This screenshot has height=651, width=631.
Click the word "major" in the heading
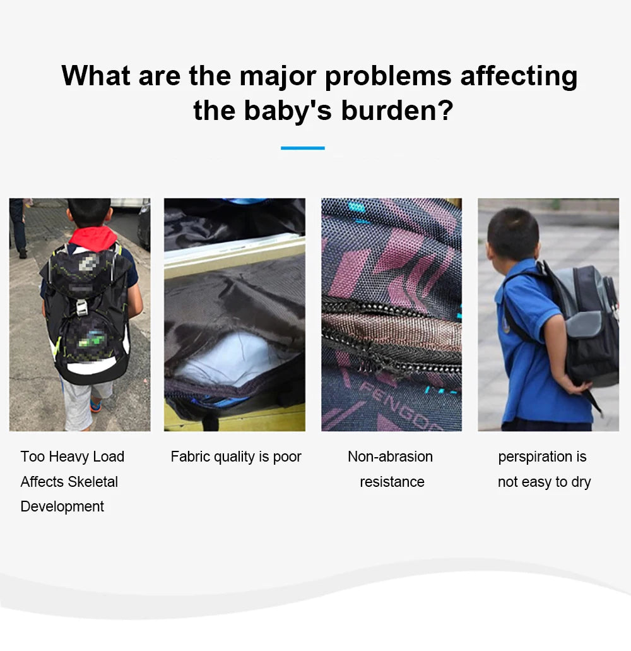[x=278, y=77]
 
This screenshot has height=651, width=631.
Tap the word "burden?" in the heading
[x=397, y=111]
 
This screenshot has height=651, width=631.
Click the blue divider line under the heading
[x=303, y=148]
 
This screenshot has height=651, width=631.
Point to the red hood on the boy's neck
[x=93, y=237]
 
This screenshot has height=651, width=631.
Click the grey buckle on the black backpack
[x=82, y=308]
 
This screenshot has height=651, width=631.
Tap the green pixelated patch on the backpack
[x=92, y=339]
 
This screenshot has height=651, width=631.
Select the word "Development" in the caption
[x=62, y=507]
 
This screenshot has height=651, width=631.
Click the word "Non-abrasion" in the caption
[x=391, y=457]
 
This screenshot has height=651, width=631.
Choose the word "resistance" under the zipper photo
[x=392, y=482]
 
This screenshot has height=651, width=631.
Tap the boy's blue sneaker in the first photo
[x=95, y=405]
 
